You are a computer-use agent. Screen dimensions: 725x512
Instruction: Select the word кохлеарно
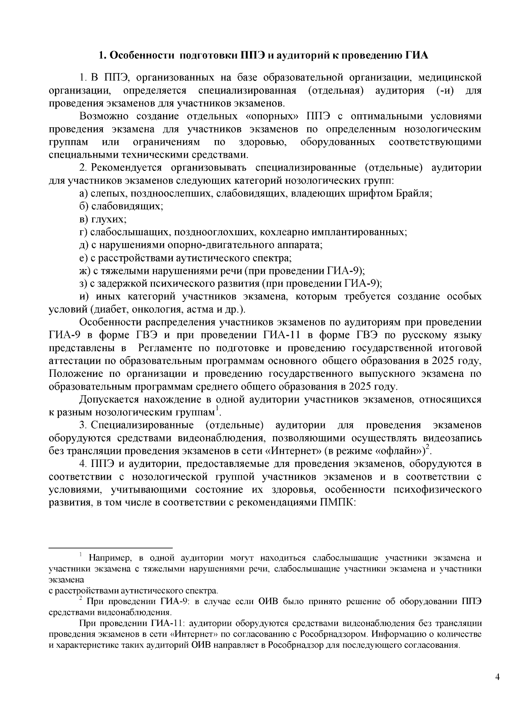point(284,232)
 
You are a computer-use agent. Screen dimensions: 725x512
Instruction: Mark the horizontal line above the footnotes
point(111,547)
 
